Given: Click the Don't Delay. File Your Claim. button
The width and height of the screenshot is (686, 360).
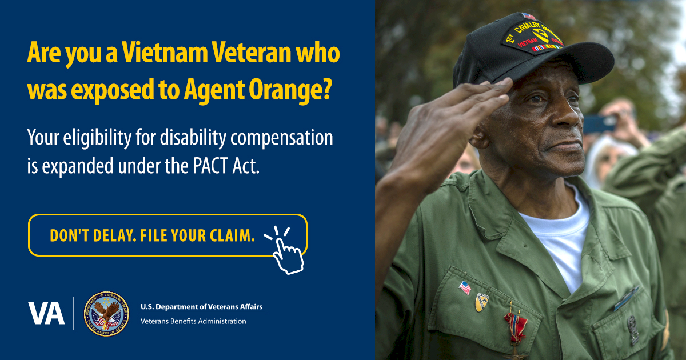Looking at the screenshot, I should (167, 235).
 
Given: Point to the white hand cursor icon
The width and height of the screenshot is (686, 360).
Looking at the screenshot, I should (286, 252).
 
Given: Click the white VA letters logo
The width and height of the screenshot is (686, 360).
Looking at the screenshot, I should (46, 313).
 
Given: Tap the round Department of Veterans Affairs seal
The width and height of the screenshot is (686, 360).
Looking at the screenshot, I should (107, 314).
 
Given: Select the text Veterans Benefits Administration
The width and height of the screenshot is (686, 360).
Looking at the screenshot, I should (193, 321).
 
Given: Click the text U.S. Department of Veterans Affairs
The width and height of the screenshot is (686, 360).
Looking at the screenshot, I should (201, 307).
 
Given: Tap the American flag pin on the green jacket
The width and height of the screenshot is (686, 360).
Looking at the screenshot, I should (465, 287).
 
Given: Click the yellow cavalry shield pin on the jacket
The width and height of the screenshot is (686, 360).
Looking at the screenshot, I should (481, 302).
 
